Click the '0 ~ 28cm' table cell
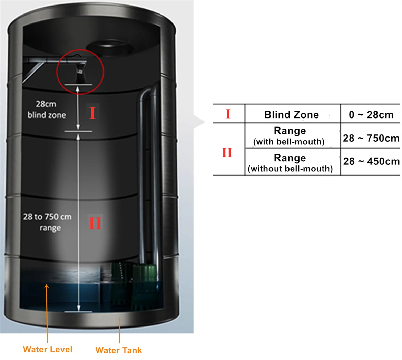(371, 114)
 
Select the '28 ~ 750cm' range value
(371, 138)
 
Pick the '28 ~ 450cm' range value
(371, 161)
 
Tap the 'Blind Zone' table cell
(292, 114)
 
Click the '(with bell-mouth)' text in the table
(289, 142)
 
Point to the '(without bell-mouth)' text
(290, 169)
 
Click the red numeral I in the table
(228, 114)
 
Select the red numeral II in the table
(227, 152)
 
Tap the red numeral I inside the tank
(92, 113)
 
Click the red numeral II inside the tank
(95, 222)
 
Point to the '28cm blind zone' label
(47, 110)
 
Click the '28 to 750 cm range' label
(48, 222)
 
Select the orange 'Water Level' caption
(48, 349)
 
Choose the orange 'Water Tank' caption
(119, 350)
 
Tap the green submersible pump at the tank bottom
(145, 285)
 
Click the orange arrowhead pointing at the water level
(46, 286)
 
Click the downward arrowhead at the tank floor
(78, 308)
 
